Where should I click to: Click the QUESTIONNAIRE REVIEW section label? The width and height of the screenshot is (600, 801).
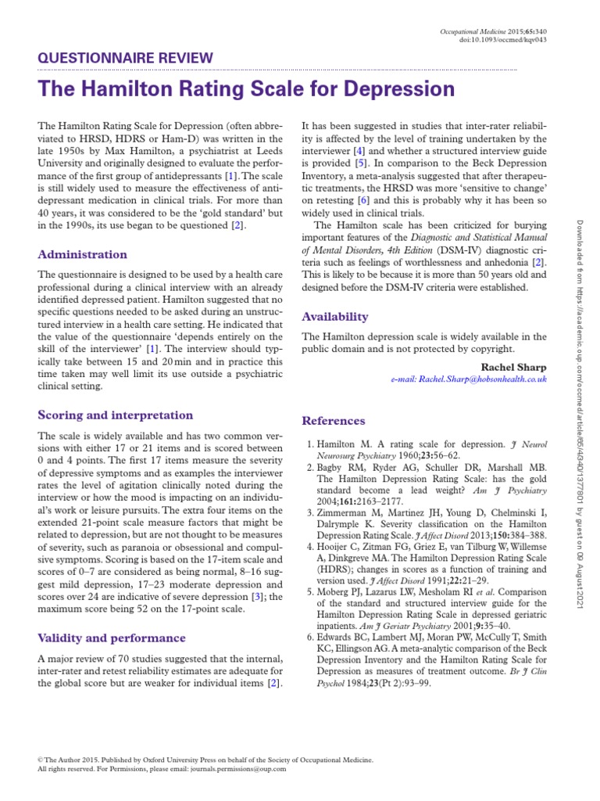(124, 57)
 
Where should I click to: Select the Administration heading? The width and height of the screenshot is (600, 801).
(82, 254)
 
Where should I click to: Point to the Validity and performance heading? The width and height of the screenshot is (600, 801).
(112, 638)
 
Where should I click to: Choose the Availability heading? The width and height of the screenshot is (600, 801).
(334, 317)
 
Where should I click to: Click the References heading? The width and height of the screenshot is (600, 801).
(334, 421)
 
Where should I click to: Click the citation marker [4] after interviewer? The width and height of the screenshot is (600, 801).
(359, 150)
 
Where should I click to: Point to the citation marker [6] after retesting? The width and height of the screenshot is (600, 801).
(363, 200)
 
